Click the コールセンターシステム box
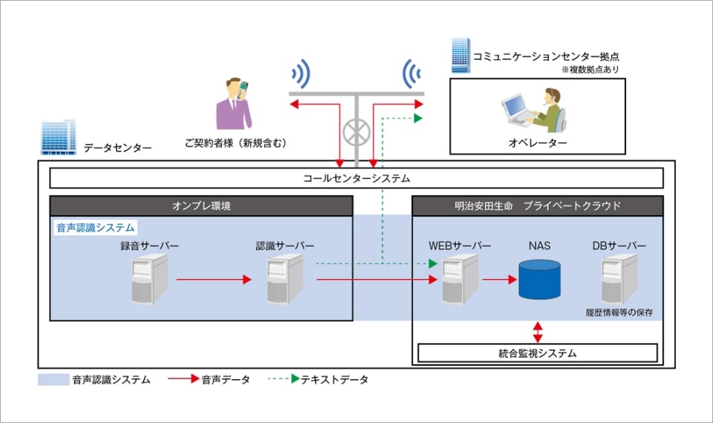pyautogui.click(x=356, y=178)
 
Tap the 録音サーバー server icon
pyautogui.click(x=149, y=279)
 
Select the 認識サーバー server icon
pyautogui.click(x=284, y=279)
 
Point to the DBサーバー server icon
pyautogui.click(x=619, y=279)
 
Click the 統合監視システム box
pyautogui.click(x=538, y=353)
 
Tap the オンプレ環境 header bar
pyautogui.click(x=201, y=206)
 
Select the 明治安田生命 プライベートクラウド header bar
pyautogui.click(x=538, y=206)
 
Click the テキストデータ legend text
pyautogui.click(x=334, y=380)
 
